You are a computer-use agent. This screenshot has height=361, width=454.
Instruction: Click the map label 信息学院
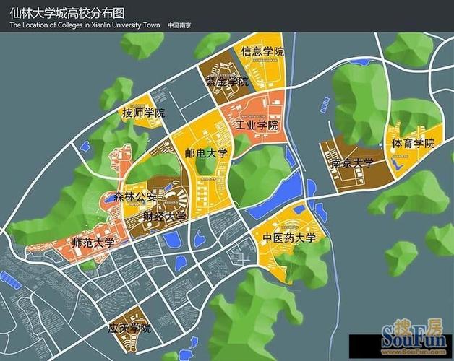(263, 52)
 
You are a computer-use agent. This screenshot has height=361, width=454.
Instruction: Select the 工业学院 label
(257, 125)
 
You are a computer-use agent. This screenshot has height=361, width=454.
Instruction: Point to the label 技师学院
(144, 113)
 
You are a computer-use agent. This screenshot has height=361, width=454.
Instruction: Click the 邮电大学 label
(206, 153)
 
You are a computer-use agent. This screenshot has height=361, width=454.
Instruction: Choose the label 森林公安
(135, 196)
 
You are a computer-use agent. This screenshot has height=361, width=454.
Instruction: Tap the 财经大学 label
(164, 216)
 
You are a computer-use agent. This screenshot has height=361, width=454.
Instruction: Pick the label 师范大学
(93, 243)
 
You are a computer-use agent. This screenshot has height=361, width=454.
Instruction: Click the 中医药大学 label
(289, 238)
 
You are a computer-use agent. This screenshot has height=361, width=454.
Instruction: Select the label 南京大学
(352, 164)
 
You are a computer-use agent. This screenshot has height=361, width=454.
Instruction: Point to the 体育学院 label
(414, 144)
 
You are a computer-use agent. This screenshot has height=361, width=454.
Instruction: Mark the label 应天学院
(129, 329)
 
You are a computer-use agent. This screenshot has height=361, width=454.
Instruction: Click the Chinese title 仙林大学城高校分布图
(67, 13)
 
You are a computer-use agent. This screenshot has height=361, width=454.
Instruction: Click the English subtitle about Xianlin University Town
(84, 25)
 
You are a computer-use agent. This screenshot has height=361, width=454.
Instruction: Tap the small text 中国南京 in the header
(179, 25)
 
